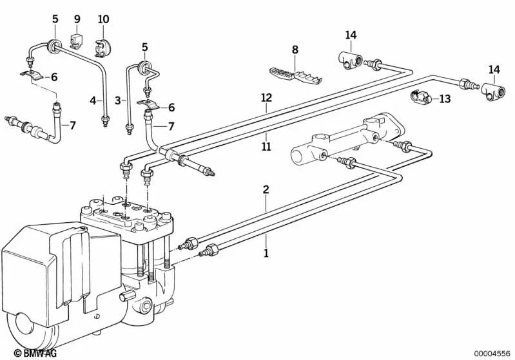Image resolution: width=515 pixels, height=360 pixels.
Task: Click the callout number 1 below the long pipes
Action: tap(266, 254)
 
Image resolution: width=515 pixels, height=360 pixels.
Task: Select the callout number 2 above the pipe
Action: tap(266, 190)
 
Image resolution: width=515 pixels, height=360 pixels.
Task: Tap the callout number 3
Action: tap(118, 100)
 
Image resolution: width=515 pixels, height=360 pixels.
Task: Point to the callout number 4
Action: tap(93, 100)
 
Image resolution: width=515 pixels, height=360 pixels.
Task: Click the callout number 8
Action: tap(295, 50)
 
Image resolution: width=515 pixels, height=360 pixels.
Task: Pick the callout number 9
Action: tap(77, 19)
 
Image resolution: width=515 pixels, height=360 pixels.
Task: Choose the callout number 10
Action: tap(103, 19)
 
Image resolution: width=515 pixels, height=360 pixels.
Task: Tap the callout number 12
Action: tap(266, 98)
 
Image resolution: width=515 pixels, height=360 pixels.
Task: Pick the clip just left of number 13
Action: tap(420, 98)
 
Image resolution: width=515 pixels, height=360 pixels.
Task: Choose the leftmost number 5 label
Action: tap(55, 19)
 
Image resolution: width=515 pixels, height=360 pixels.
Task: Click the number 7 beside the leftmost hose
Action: tap(72, 126)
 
